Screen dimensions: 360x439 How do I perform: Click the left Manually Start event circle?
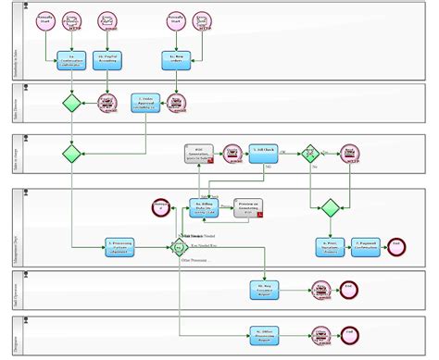pyautogui.click(x=44, y=21)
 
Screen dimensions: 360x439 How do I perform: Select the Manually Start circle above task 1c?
pyautogui.click(x=174, y=21)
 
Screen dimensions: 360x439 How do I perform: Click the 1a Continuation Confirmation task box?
pyautogui.click(x=70, y=60)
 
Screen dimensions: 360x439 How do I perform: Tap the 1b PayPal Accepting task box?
pyautogui.click(x=109, y=60)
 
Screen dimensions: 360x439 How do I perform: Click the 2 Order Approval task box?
pyautogui.click(x=145, y=102)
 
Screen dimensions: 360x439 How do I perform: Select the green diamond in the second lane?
pyautogui.click(x=71, y=103)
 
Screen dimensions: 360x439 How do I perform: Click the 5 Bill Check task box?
pyautogui.click(x=263, y=152)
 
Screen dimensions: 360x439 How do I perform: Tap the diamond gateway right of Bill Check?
pyautogui.click(x=311, y=153)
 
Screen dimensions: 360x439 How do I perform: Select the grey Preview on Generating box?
pyautogui.click(x=247, y=207)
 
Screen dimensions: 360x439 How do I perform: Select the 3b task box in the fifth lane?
pyautogui.click(x=263, y=290)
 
